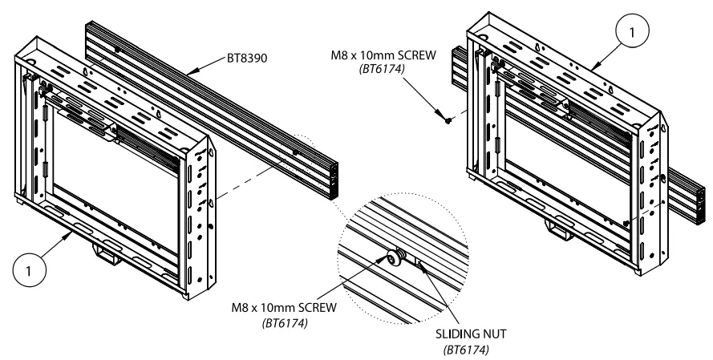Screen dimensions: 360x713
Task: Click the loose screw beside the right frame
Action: click(x=448, y=120)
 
